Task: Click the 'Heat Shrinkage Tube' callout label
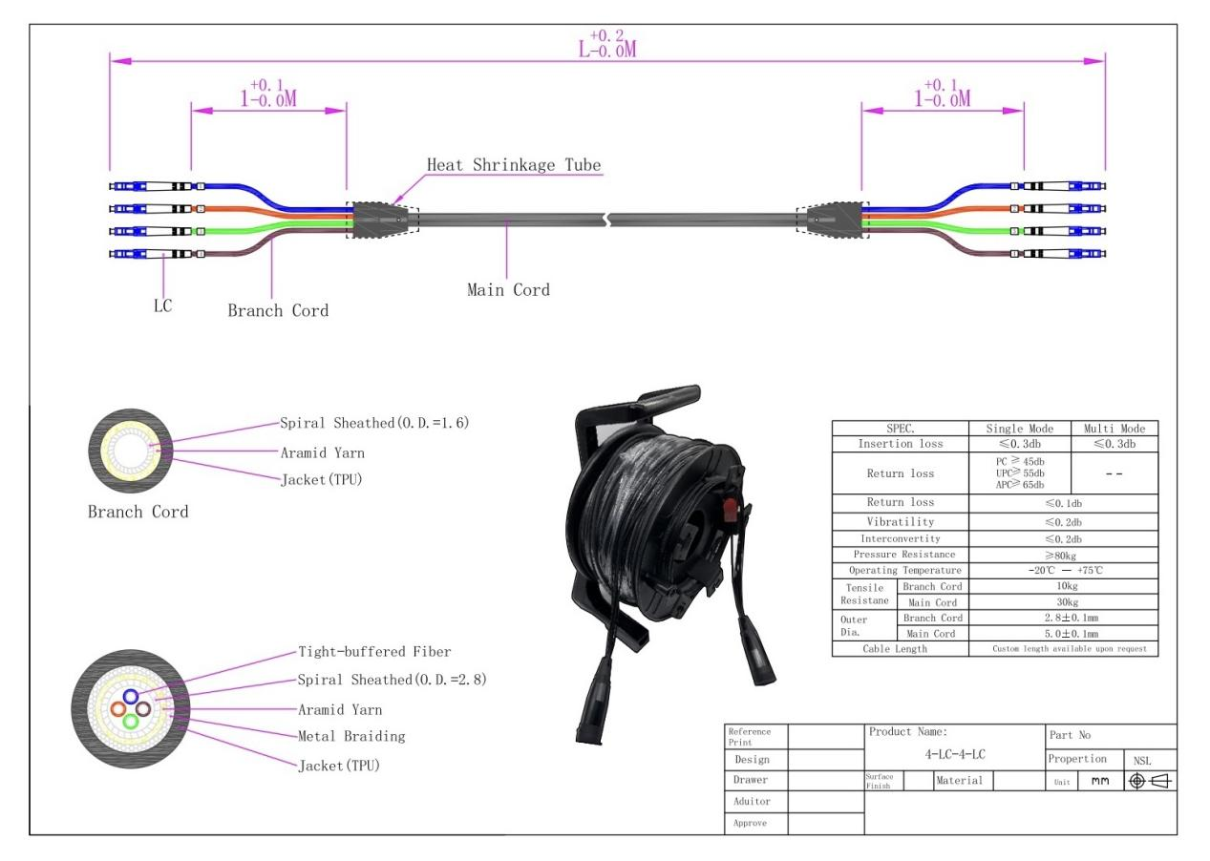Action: (x=514, y=165)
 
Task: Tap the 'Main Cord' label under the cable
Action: (x=508, y=289)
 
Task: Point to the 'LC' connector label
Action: (x=163, y=306)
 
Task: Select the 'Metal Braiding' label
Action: (x=351, y=736)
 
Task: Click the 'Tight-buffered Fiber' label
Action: (x=374, y=652)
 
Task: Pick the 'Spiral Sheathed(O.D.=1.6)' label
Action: (x=374, y=423)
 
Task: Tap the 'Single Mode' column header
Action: (x=1019, y=429)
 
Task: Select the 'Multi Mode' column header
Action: (x=1114, y=429)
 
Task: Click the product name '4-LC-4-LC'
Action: (x=955, y=754)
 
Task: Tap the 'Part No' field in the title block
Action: (x=1070, y=735)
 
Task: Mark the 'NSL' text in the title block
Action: (x=1142, y=761)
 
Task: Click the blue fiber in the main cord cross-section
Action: (x=130, y=697)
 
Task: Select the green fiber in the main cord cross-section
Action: (x=131, y=721)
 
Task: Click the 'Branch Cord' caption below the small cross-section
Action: (x=138, y=512)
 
